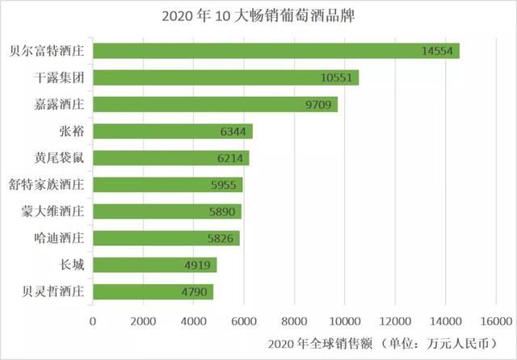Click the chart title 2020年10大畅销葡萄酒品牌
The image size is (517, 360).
click(258, 16)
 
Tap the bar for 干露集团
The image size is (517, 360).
click(226, 77)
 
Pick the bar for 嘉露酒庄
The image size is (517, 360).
click(216, 104)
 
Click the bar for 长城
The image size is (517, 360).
click(155, 265)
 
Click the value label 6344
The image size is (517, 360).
click(233, 132)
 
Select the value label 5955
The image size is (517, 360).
click(224, 185)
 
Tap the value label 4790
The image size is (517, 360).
click(195, 291)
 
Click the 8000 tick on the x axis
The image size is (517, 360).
click(295, 320)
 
